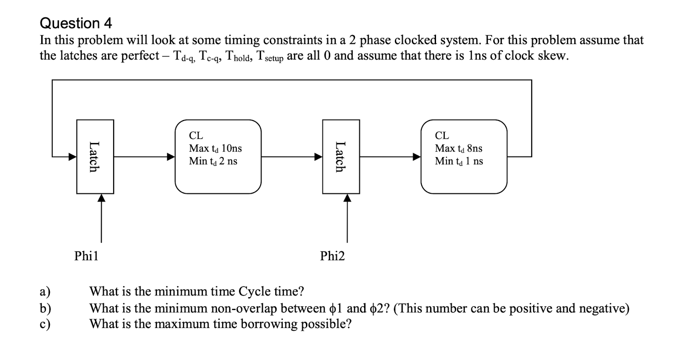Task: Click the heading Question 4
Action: [76, 23]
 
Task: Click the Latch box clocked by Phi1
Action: [95, 157]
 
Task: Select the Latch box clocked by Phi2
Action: [341, 157]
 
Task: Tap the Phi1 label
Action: [87, 256]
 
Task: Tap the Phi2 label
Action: [333, 256]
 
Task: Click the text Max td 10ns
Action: [215, 148]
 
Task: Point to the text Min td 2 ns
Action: [213, 161]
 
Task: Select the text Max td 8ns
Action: [458, 148]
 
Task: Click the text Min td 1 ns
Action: [459, 161]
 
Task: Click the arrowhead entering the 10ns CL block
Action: [171, 157]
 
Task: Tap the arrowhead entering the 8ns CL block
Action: [416, 157]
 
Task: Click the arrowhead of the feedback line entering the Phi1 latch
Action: [72, 157]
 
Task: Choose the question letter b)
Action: [45, 308]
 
